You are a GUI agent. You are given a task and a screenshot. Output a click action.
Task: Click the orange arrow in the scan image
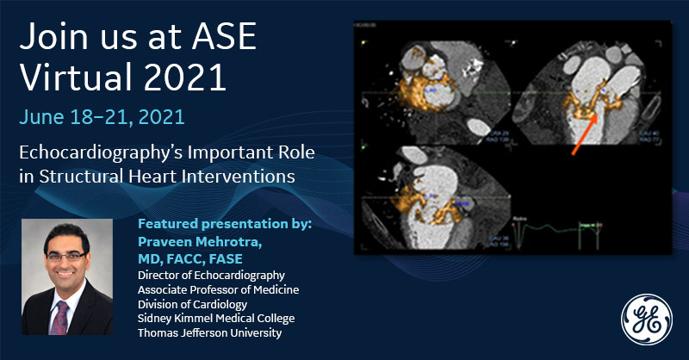pyautogui.click(x=587, y=131)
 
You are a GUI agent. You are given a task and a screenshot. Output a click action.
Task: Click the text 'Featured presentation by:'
pyautogui.click(x=223, y=224)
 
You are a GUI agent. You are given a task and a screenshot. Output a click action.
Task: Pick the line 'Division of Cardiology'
pyautogui.click(x=192, y=303)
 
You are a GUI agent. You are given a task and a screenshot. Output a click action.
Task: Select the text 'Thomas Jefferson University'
pyautogui.click(x=208, y=332)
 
